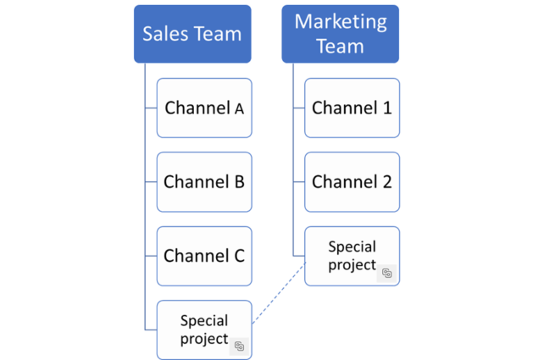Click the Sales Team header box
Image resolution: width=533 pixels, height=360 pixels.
point(192,34)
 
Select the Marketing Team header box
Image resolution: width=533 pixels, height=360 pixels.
point(340,34)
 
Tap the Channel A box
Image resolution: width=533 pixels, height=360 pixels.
point(204,108)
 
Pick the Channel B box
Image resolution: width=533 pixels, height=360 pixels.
point(204,181)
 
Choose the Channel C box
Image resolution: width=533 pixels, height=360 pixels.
point(204,255)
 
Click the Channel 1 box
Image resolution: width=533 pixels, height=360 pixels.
point(352,108)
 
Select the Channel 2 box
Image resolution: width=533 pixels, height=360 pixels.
point(352,181)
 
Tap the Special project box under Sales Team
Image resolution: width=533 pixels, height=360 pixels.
point(204,329)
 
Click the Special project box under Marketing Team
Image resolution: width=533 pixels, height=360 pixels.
point(352,255)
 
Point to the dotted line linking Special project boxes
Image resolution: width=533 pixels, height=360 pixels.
point(278,292)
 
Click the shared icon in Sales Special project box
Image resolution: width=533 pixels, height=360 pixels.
point(240,346)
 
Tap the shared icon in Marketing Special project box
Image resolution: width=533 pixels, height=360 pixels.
point(386,273)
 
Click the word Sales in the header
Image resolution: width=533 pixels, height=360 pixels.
point(164,34)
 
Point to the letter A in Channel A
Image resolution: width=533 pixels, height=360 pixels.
point(239,108)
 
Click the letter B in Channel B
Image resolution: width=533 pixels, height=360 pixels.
point(239,181)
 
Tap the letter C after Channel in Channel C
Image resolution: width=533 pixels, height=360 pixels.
point(239,255)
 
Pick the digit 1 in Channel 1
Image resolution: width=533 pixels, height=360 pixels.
point(386,108)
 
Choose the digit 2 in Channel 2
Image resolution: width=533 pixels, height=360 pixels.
point(386,181)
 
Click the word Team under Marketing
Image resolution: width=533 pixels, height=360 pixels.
point(340,46)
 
